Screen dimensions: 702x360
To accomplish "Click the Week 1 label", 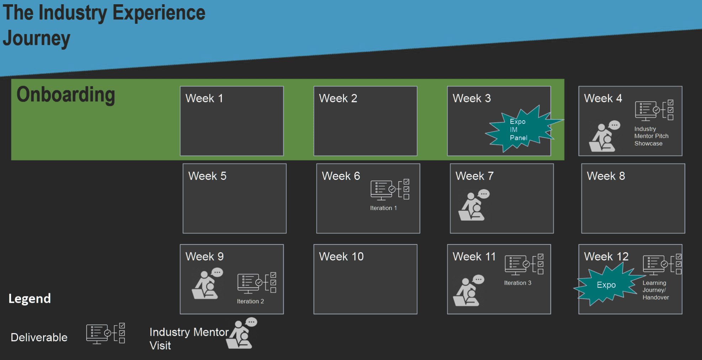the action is click(204, 98).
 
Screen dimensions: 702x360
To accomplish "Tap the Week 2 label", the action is click(338, 98).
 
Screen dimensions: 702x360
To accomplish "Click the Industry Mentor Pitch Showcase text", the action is click(651, 136).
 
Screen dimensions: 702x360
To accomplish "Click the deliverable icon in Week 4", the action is click(654, 110).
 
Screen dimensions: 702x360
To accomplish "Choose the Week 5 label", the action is click(207, 176).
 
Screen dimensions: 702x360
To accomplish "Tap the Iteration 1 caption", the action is click(383, 208).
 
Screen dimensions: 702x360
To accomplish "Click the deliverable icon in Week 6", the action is click(390, 189).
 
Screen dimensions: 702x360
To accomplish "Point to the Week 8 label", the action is click(606, 176).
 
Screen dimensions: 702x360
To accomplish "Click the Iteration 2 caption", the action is click(250, 301).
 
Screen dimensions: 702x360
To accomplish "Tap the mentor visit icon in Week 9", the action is click(207, 284).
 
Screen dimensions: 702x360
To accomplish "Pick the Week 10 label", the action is click(341, 257).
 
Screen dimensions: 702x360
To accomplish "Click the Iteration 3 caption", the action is click(517, 283).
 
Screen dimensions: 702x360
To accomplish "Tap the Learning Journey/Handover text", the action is click(655, 290).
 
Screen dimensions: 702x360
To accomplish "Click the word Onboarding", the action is click(66, 95).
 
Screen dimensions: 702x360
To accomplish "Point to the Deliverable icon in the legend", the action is click(106, 333).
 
